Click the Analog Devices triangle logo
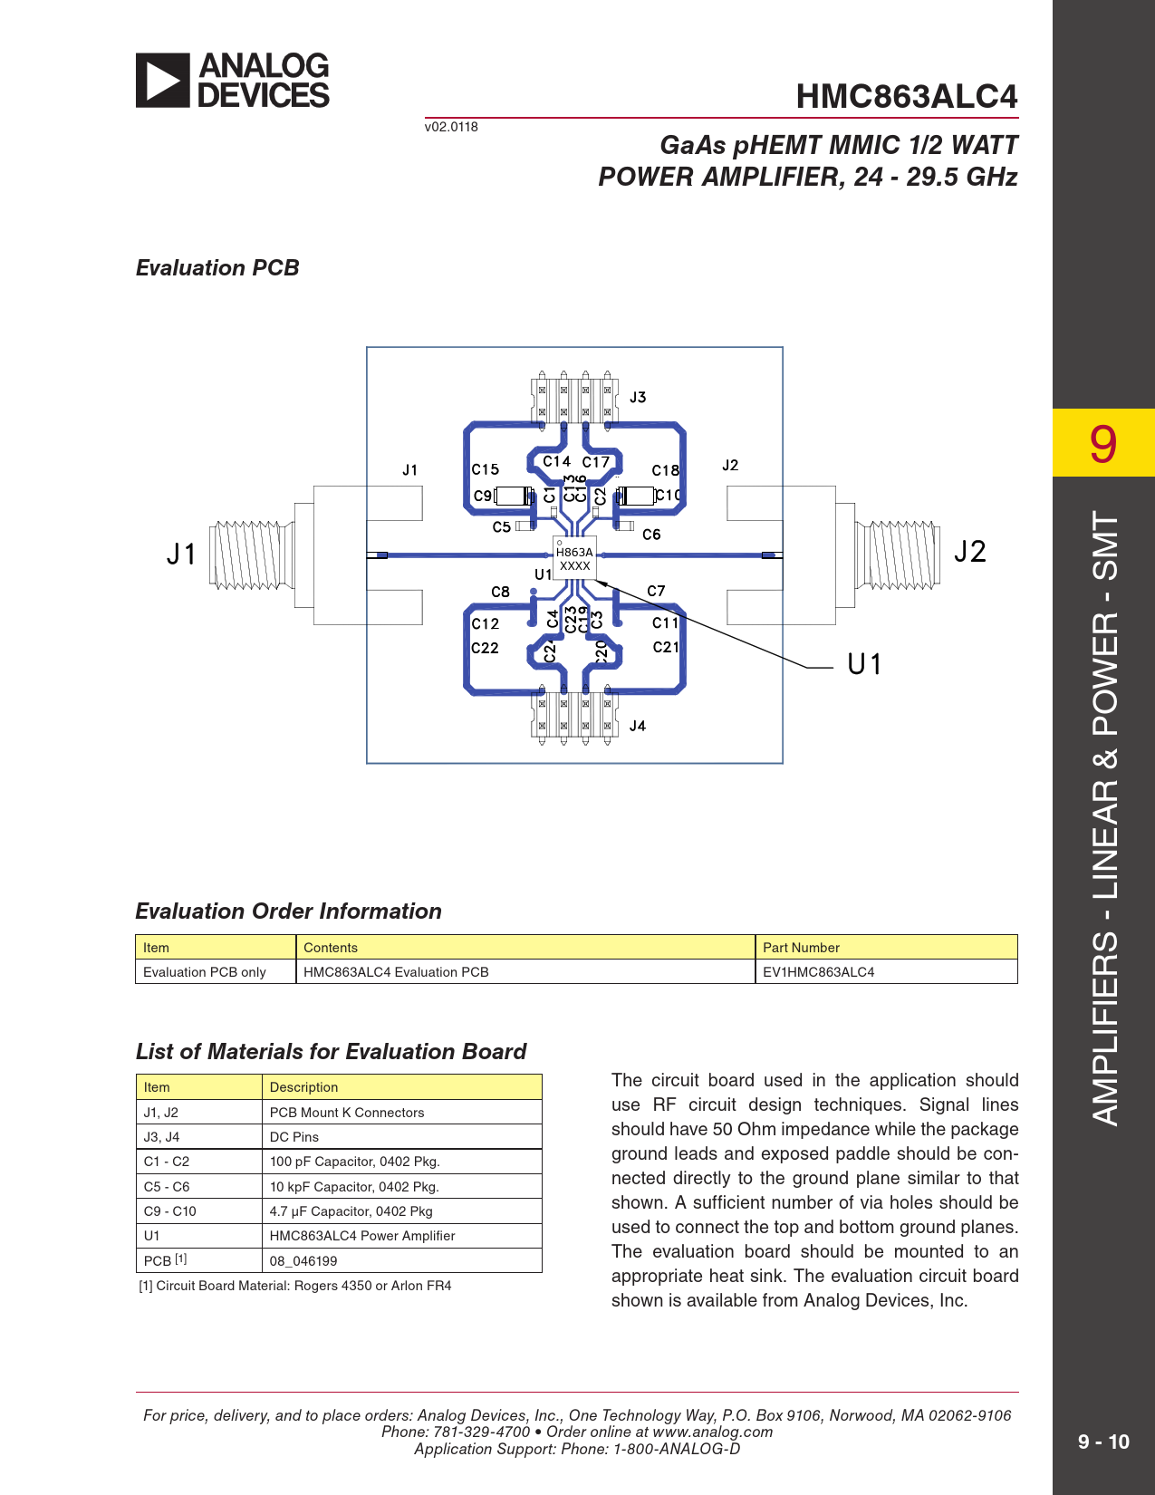coord(163,81)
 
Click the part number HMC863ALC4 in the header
coord(906,96)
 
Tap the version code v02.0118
coord(451,127)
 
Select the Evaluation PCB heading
coord(217,268)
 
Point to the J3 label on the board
coord(638,397)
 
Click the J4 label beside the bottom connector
coord(638,726)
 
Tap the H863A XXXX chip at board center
coord(574,558)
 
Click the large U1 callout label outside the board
coord(864,665)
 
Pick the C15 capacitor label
coord(486,469)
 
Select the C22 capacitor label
coord(486,648)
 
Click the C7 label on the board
coord(656,591)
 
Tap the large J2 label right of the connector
coord(969,552)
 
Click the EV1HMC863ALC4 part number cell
coord(819,972)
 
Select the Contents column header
coord(331,948)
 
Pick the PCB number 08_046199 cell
coord(303,1261)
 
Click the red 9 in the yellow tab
coord(1102,444)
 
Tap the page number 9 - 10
coord(1103,1442)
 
